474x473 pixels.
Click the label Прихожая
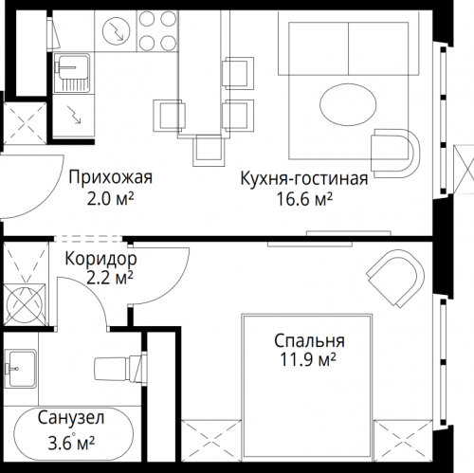pos(110,176)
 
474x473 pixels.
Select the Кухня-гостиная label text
pos(303,176)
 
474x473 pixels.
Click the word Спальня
pos(310,341)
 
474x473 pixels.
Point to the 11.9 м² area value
pos(310,361)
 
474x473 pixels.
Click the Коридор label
pos(100,258)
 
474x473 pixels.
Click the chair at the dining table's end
pos(209,147)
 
